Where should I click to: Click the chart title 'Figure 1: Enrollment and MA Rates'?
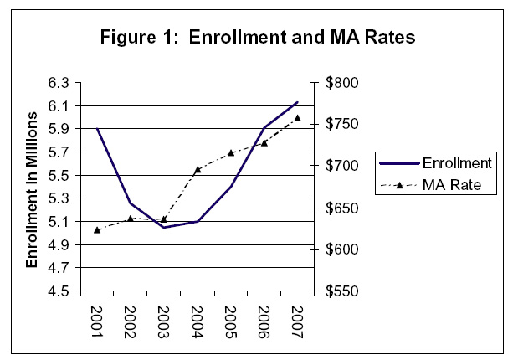tap(256, 38)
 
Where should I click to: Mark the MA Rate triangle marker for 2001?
tap(97, 229)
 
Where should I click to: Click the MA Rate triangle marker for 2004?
tap(198, 169)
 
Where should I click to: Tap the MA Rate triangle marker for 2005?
tap(231, 152)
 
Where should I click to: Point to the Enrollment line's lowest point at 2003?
tap(164, 228)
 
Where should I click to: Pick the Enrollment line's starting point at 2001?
tap(97, 129)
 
